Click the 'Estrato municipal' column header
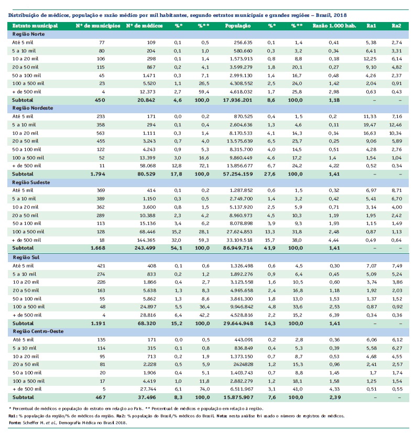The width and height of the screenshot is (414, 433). (x=30, y=25)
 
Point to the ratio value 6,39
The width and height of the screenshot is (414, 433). (x=330, y=315)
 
